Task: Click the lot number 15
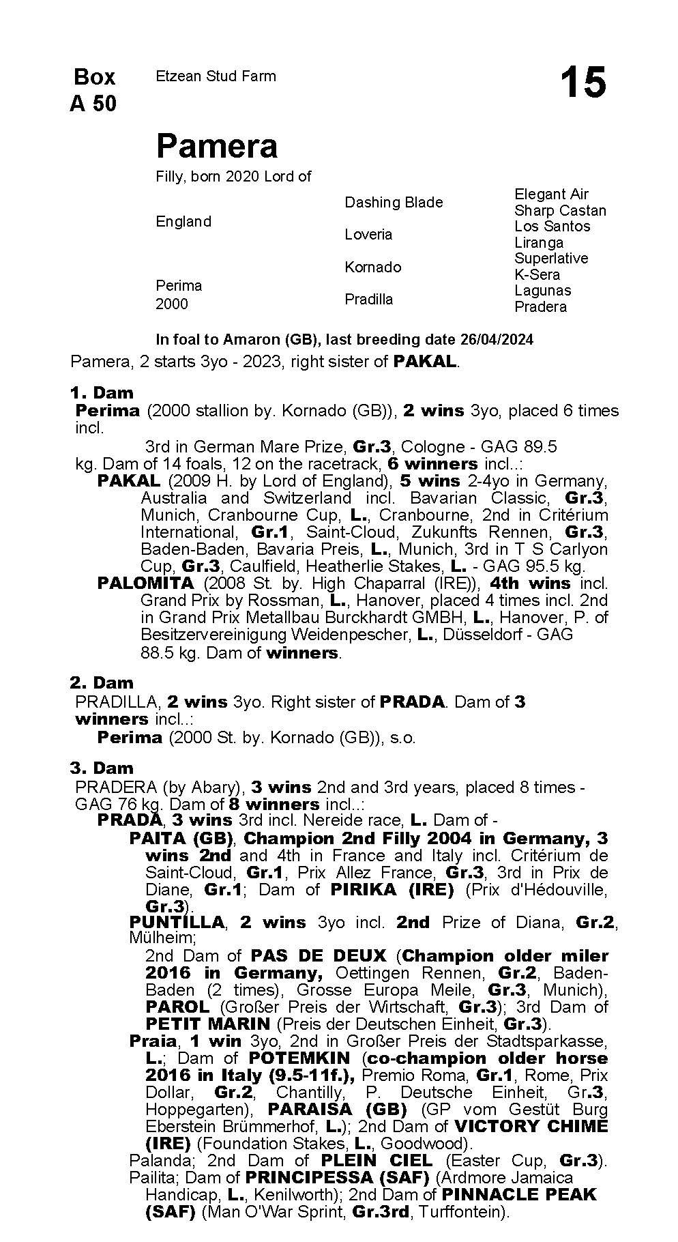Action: pyautogui.click(x=583, y=83)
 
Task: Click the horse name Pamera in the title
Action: pyautogui.click(x=217, y=146)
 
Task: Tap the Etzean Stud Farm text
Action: pyautogui.click(x=216, y=76)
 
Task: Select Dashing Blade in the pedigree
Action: pyautogui.click(x=393, y=202)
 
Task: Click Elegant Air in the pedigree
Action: pyautogui.click(x=551, y=194)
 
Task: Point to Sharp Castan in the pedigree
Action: pyautogui.click(x=559, y=210)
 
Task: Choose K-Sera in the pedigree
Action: pyautogui.click(x=537, y=274)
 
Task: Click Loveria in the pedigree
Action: pyautogui.click(x=368, y=234)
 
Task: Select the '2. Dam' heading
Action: pyautogui.click(x=102, y=682)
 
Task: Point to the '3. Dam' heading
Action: pyautogui.click(x=102, y=768)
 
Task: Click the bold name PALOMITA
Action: pyautogui.click(x=146, y=583)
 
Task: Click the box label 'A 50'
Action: pyautogui.click(x=93, y=104)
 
